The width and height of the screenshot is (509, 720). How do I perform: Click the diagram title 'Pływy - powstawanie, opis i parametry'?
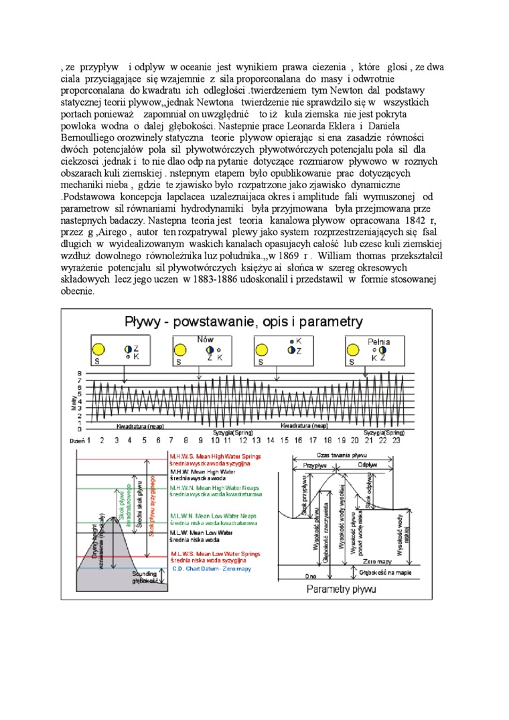pos(244,321)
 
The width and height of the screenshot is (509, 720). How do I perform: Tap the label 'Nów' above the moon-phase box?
pos(205,340)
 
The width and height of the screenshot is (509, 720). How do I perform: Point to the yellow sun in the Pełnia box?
pos(355,351)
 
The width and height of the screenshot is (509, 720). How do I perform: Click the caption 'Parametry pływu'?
pos(341,590)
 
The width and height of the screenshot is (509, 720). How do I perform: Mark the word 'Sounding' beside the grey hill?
pos(145,574)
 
